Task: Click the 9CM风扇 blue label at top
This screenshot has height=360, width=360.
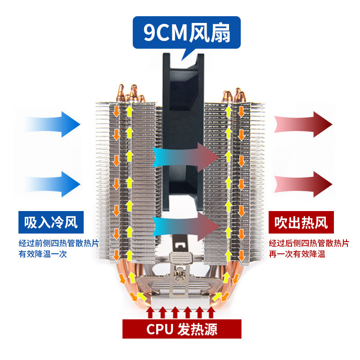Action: pos(186,33)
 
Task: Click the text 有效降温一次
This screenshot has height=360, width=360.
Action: pos(45,254)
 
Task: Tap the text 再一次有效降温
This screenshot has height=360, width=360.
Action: pos(297,254)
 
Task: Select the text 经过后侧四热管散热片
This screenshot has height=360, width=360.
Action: pos(309,243)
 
